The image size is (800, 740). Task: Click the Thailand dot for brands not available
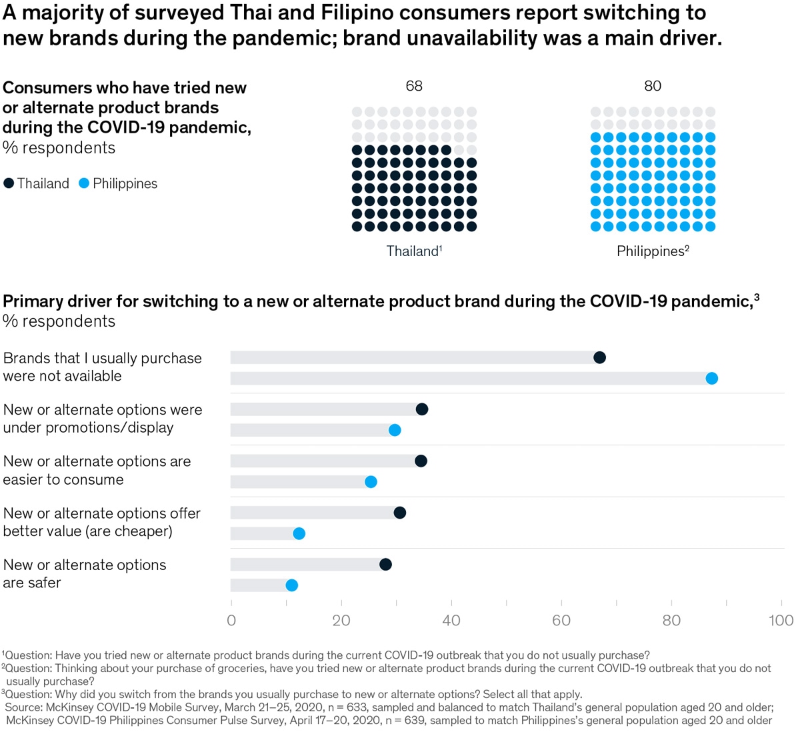point(599,357)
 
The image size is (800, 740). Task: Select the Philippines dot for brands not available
point(711,379)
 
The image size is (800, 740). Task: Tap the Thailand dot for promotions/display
point(421,409)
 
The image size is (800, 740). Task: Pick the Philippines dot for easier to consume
point(371,482)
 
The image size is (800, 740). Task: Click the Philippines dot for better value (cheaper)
point(299,533)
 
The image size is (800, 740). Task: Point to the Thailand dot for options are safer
point(385,565)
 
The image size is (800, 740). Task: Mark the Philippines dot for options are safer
point(291,585)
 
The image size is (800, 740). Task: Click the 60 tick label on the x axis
point(561,621)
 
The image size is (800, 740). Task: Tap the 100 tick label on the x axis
point(781,621)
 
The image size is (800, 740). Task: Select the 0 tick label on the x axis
point(231,621)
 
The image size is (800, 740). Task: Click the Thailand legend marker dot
point(9,183)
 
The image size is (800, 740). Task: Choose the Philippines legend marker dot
point(84,183)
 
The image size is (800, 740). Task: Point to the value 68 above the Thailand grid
point(414,86)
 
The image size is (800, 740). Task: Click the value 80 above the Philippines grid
point(653,86)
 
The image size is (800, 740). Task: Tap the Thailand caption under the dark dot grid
point(413,251)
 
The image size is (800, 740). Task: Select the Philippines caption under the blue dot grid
point(652,251)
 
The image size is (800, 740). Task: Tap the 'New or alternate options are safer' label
point(85,573)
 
